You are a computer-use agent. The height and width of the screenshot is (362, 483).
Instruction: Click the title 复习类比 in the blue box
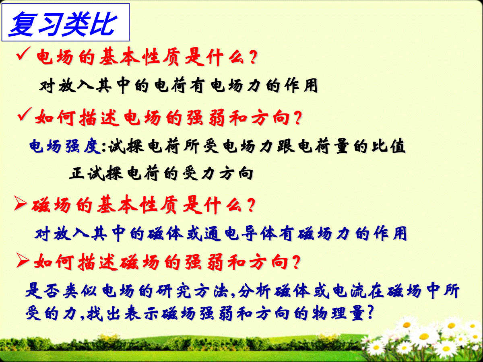[63, 24]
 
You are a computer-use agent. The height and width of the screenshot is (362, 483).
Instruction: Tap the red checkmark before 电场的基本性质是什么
[23, 53]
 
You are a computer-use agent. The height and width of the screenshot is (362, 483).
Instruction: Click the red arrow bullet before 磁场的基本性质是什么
[21, 203]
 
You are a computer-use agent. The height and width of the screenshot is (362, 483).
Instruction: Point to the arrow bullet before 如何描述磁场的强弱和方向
[23, 260]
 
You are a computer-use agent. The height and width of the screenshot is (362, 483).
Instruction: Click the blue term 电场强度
[65, 146]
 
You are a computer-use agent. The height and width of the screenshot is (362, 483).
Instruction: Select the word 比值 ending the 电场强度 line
[388, 146]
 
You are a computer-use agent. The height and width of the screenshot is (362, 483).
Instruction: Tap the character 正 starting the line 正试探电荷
[77, 174]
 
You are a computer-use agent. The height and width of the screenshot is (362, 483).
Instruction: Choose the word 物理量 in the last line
[339, 313]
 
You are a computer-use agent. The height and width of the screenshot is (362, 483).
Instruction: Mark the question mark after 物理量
[370, 312]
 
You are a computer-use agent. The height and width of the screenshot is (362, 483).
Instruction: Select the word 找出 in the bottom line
[103, 313]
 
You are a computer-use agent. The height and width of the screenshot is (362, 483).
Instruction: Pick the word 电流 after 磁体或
[350, 290]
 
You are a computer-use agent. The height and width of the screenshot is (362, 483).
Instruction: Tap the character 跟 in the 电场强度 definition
[286, 146]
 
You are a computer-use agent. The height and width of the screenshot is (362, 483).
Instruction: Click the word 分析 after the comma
[254, 290]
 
